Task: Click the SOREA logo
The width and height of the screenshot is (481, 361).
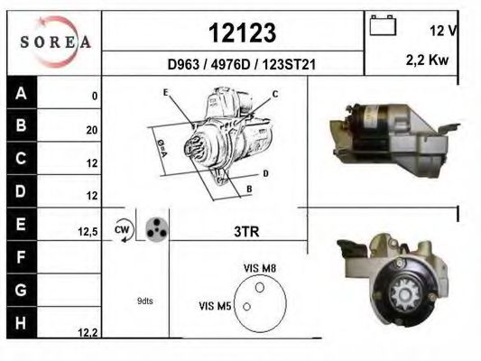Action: [x=56, y=42]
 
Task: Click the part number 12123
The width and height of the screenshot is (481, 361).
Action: [x=243, y=32]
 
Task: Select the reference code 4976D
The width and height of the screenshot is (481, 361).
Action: [x=231, y=65]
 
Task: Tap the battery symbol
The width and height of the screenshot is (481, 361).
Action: [x=383, y=25]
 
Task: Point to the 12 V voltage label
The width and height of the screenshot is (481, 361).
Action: [x=443, y=31]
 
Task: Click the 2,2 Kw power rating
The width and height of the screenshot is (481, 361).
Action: [x=427, y=60]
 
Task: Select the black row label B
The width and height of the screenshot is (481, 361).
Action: [x=22, y=125]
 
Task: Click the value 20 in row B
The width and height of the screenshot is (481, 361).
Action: [x=92, y=130]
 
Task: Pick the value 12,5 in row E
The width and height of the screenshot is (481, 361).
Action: [x=88, y=232]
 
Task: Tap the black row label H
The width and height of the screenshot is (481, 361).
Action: [x=22, y=323]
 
